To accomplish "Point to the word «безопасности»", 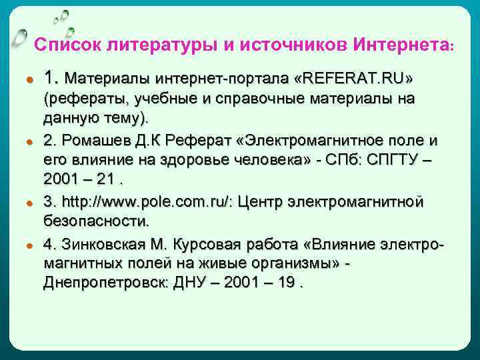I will click(95, 220).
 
